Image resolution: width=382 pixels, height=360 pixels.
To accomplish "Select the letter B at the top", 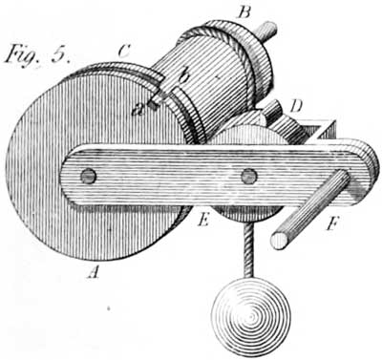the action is (x=244, y=12).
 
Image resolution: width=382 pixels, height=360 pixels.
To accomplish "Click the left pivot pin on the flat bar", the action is (x=88, y=176).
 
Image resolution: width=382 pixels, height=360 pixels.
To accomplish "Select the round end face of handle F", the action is (x=279, y=240).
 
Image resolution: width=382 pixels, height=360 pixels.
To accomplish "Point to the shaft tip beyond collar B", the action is (x=271, y=28).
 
